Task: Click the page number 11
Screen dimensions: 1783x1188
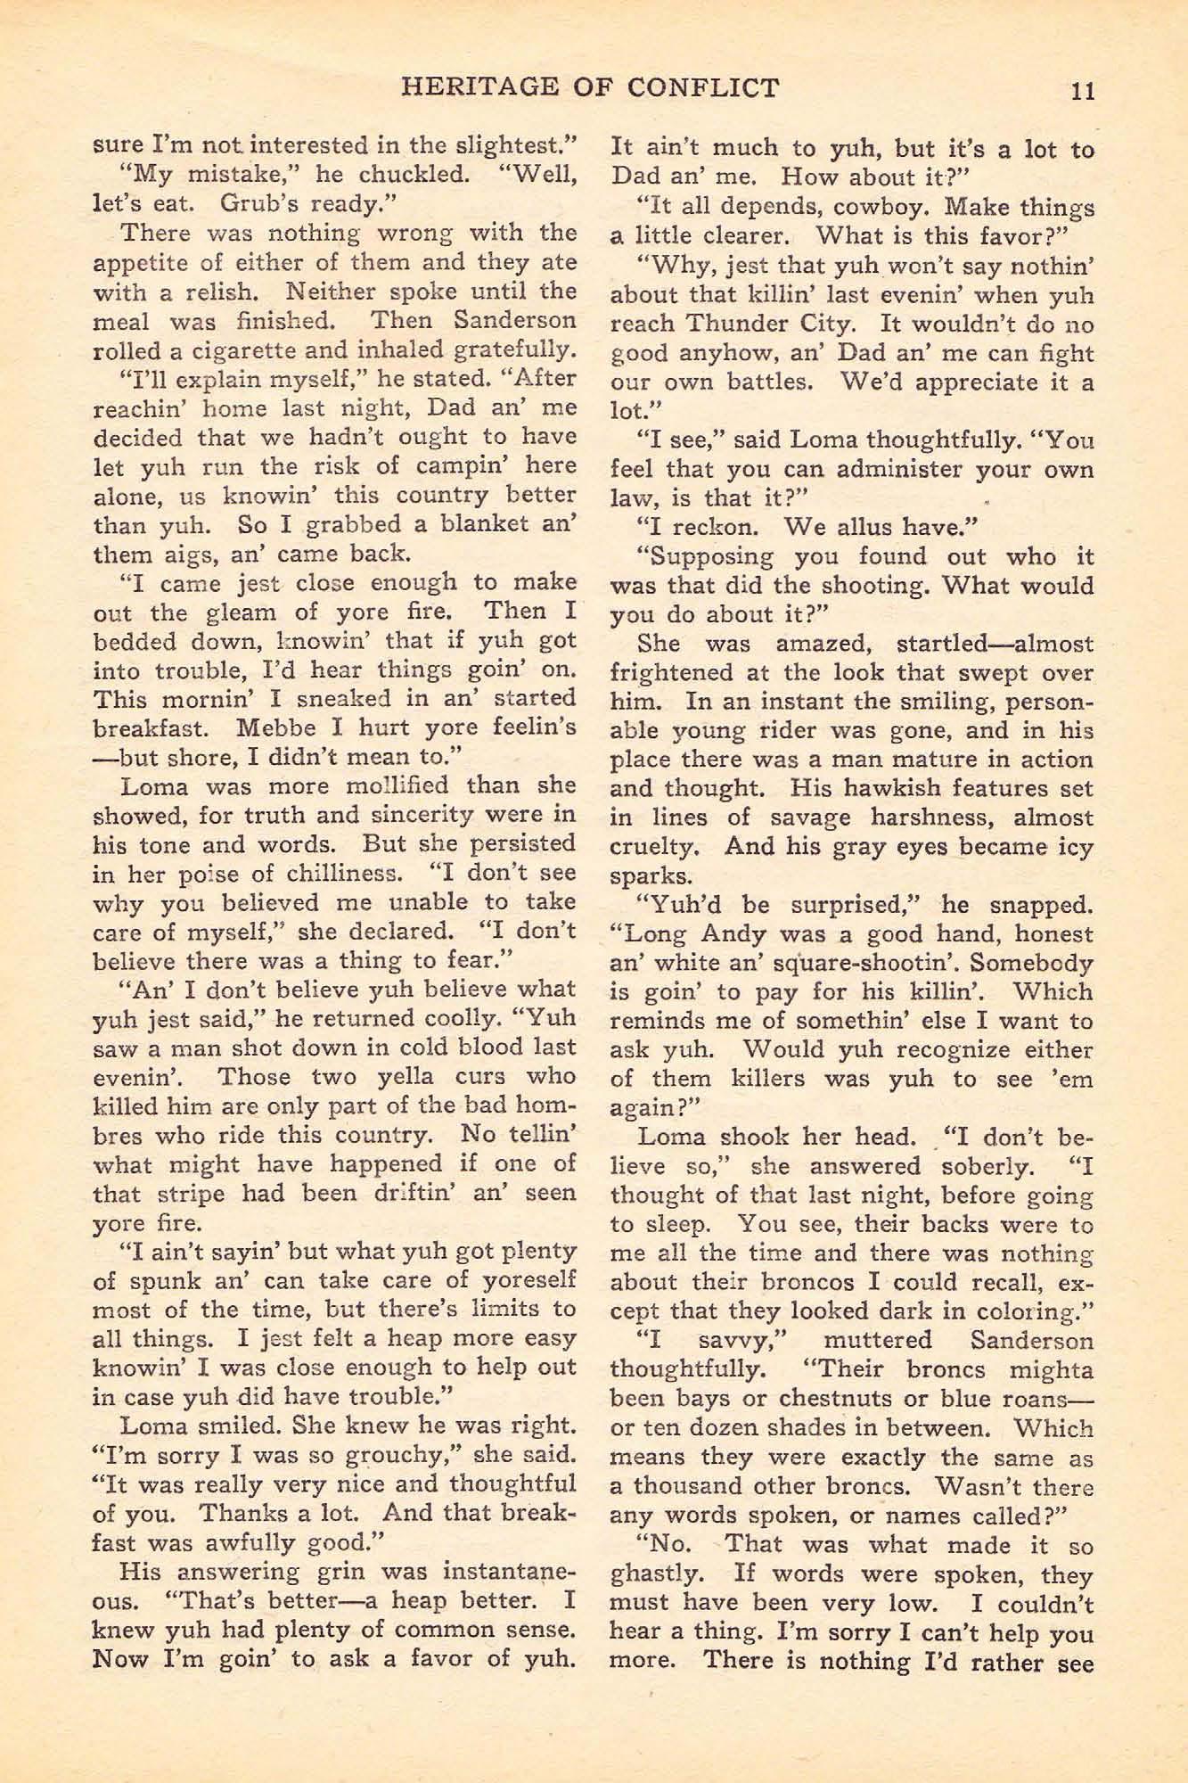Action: [1083, 90]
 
